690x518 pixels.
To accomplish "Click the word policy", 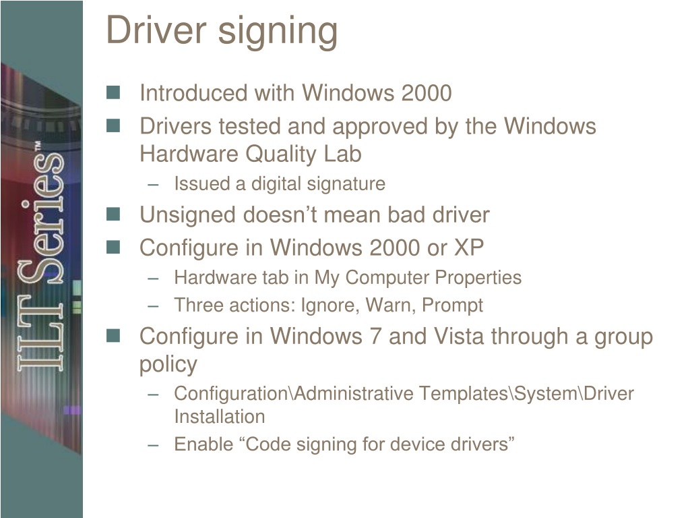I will [x=168, y=365].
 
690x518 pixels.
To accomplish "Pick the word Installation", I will [x=219, y=416].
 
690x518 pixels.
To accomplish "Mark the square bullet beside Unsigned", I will [x=113, y=214].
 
